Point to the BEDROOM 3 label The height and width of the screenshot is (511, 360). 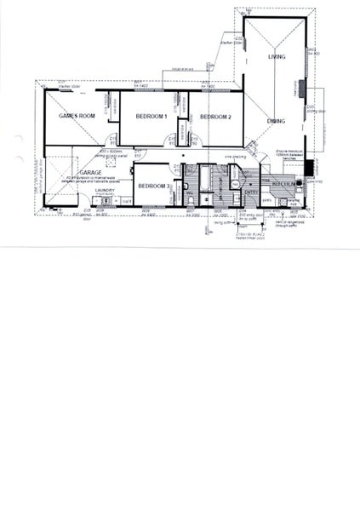point(154,186)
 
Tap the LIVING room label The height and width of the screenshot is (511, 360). point(276,56)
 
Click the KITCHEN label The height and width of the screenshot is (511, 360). point(283,183)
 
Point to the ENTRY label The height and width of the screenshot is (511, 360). point(250,192)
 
